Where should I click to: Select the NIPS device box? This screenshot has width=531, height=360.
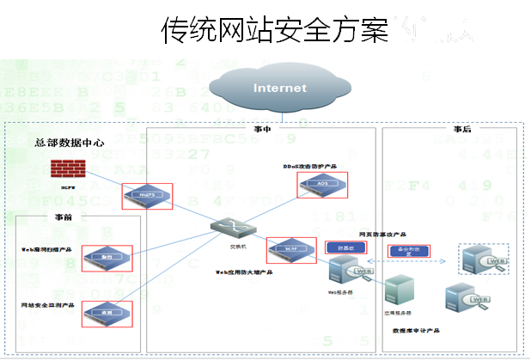click(x=147, y=195)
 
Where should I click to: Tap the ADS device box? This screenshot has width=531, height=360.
click(x=322, y=184)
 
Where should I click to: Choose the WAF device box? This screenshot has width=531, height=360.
click(x=291, y=249)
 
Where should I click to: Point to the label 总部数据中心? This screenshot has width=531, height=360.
click(x=70, y=143)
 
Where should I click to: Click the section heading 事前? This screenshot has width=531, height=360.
click(x=64, y=219)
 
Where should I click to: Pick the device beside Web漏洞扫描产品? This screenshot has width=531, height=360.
click(x=107, y=257)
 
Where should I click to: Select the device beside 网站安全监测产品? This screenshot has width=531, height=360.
click(x=107, y=314)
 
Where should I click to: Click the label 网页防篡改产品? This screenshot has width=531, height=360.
click(x=381, y=233)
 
